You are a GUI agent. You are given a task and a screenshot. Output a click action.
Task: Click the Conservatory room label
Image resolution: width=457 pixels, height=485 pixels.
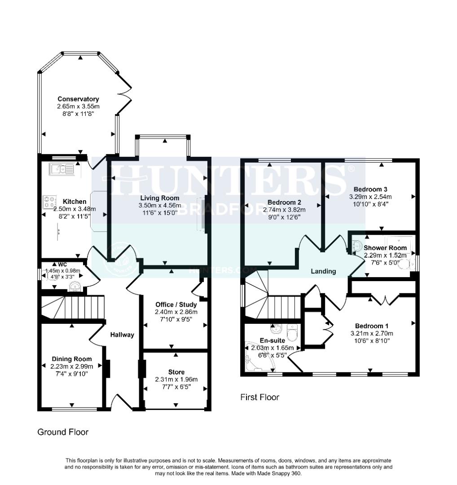tap(78, 99)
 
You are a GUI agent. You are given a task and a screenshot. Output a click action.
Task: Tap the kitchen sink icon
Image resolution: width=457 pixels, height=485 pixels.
tap(62, 169)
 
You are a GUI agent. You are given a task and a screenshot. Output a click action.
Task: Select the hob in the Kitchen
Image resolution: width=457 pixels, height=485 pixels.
tap(50, 202)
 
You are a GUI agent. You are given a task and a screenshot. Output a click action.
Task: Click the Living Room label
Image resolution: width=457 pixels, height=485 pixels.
tap(159, 198)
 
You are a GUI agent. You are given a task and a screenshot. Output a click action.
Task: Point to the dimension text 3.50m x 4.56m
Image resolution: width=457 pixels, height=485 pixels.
tap(159, 206)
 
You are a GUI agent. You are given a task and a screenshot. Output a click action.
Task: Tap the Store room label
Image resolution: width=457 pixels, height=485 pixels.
tap(176, 372)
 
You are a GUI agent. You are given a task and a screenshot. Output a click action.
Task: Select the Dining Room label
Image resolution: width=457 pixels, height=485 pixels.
tap(72, 359)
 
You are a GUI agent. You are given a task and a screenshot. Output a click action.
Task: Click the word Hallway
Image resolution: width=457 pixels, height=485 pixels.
tap(123, 335)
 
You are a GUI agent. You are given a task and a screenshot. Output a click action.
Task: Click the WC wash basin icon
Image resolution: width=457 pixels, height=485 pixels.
tap(75, 286)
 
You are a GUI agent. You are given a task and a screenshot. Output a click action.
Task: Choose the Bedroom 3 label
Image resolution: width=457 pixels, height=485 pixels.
tap(370, 189)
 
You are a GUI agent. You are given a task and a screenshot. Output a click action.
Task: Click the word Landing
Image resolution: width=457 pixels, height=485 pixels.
tap(323, 271)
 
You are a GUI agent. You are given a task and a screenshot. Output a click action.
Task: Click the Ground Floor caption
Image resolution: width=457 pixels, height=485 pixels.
tap(63, 432)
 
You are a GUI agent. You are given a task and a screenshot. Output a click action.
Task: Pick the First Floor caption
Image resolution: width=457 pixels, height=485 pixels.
tap(259, 397)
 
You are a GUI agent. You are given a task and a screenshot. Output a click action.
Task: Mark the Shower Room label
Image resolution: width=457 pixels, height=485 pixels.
tap(385, 248)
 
